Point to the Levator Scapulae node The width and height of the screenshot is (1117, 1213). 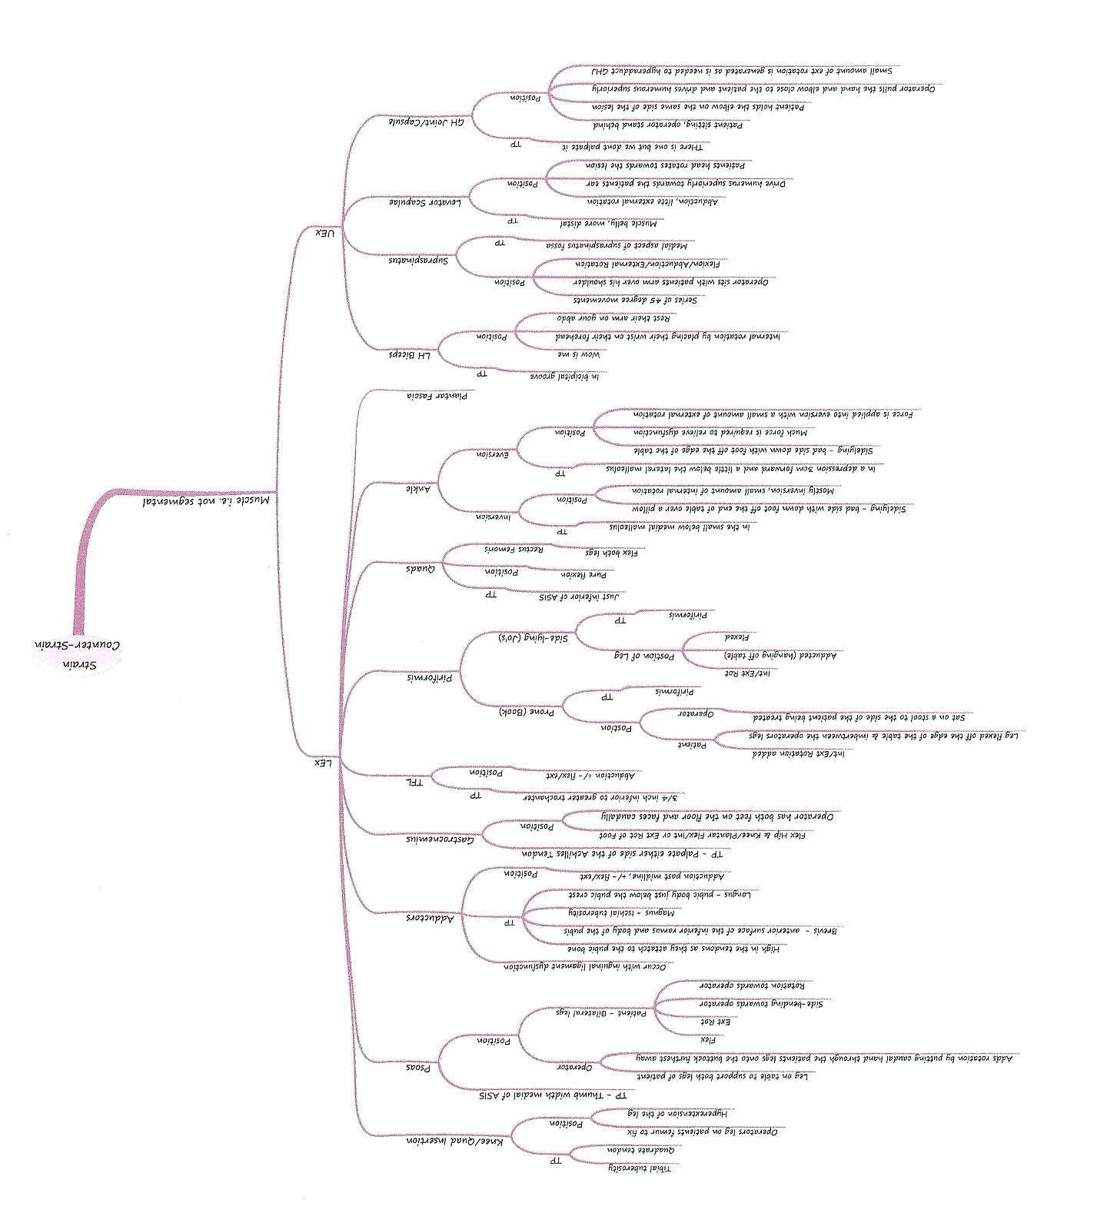point(419,202)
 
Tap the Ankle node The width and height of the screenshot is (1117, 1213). point(421,487)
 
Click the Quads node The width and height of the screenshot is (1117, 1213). point(421,569)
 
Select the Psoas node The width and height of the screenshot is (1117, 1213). point(421,1067)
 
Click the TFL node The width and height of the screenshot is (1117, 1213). point(414,783)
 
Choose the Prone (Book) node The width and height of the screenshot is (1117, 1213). point(526,712)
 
